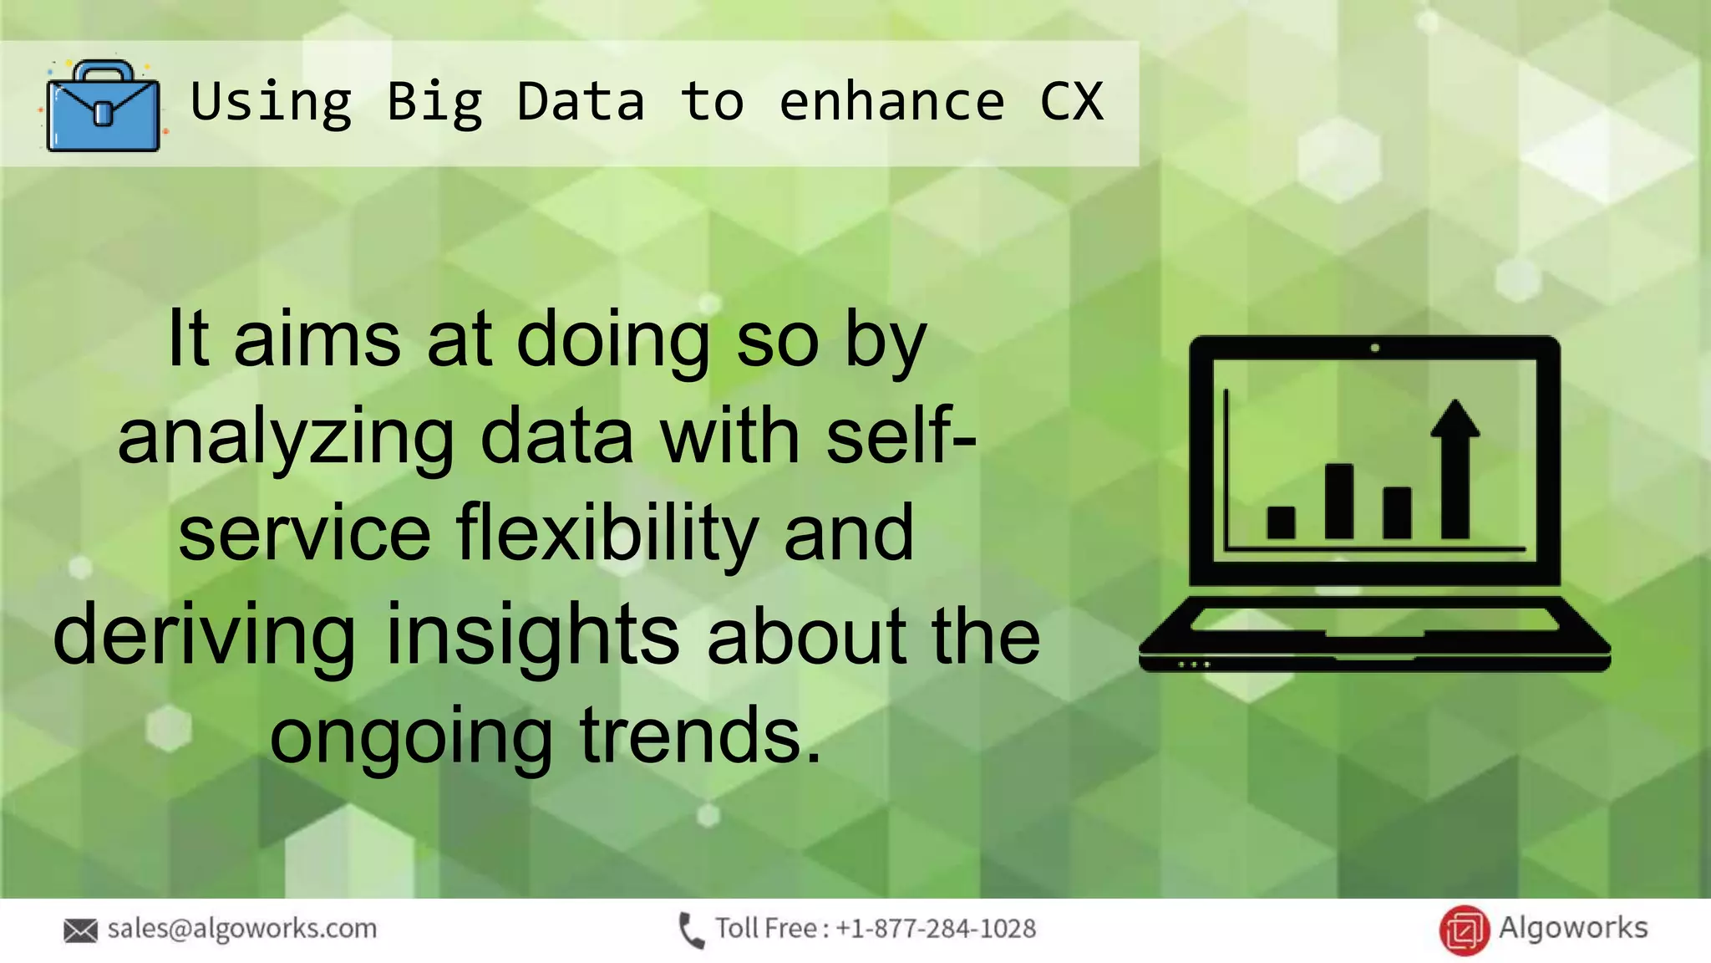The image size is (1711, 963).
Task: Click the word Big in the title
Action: (x=434, y=103)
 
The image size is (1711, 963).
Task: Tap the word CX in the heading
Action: (x=1072, y=102)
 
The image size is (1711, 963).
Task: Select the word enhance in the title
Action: (x=891, y=102)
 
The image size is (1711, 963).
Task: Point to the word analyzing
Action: (x=285, y=440)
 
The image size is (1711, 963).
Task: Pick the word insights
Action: (x=533, y=635)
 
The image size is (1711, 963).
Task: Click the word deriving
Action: (x=205, y=635)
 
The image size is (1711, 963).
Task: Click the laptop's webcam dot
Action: (x=1374, y=348)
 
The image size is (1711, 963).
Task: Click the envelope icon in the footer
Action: (x=80, y=930)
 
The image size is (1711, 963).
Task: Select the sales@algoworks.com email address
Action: (x=242, y=928)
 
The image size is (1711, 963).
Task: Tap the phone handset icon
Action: (x=690, y=930)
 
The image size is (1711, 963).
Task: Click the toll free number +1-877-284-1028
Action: (x=936, y=929)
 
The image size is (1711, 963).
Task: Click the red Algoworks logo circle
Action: (x=1464, y=930)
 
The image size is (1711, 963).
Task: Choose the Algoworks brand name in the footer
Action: (x=1572, y=927)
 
